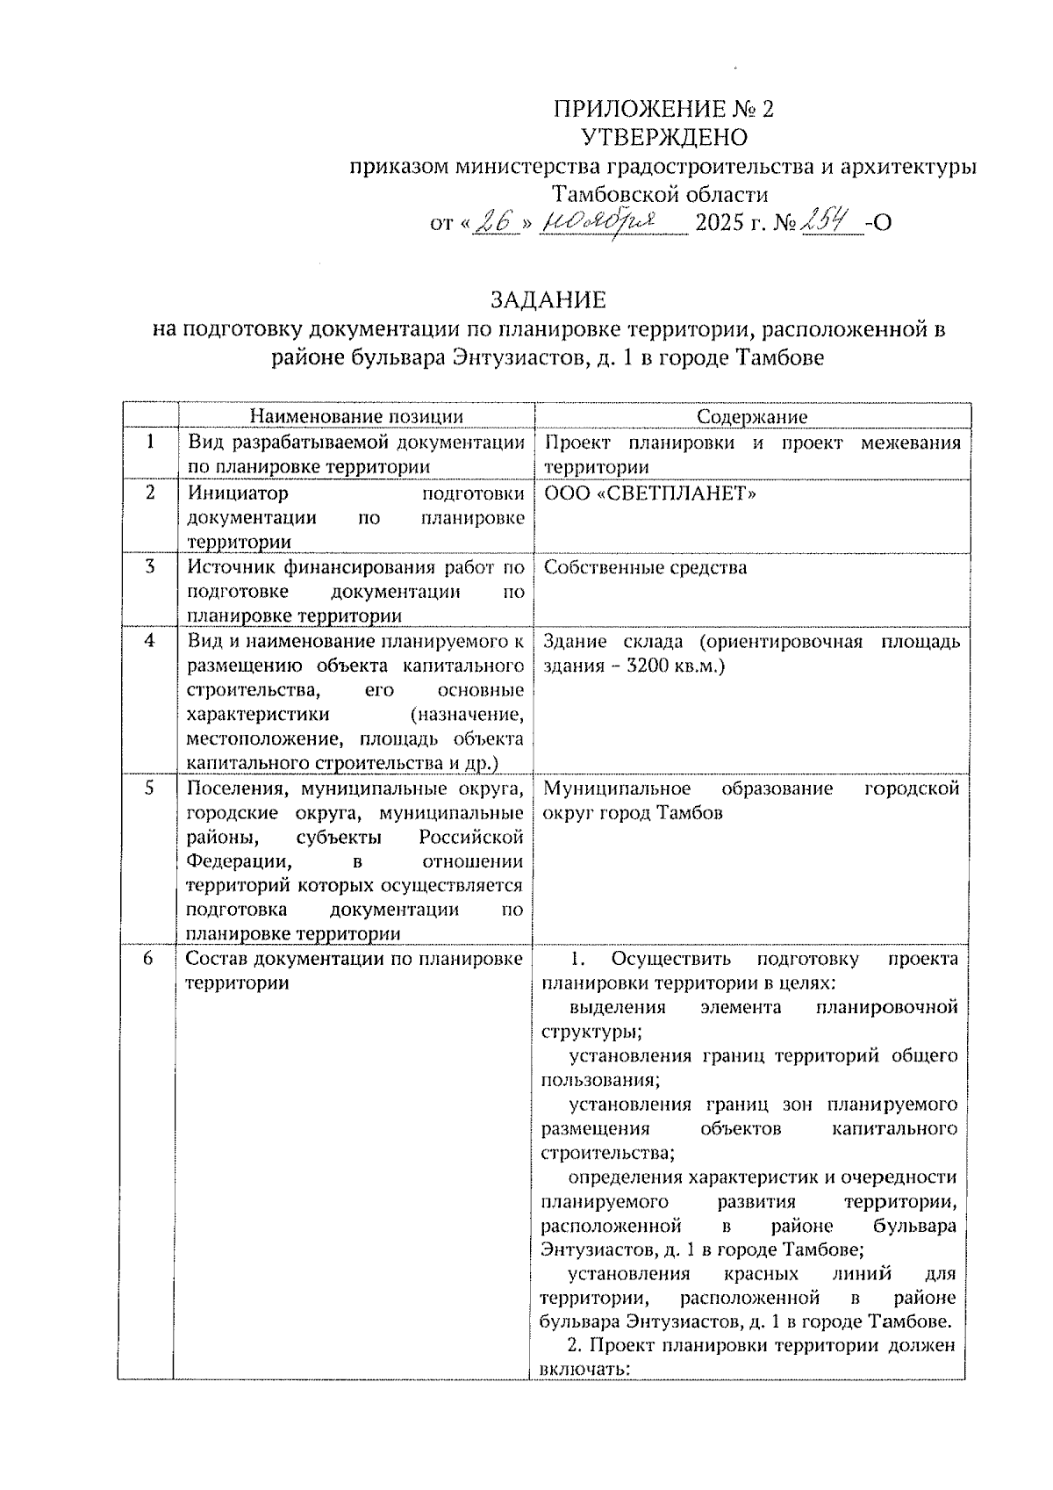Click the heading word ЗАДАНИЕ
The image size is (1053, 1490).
(548, 300)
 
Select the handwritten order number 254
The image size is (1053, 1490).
(829, 221)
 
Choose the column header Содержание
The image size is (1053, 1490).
(752, 416)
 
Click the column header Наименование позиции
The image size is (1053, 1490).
(356, 416)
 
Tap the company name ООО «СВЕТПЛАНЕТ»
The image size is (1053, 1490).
(650, 493)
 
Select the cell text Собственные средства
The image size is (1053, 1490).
(645, 567)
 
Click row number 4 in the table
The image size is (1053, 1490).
(150, 641)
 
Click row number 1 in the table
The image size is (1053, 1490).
(150, 442)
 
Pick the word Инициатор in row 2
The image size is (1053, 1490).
(238, 493)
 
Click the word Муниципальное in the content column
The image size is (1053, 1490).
(617, 788)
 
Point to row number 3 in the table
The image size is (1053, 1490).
(150, 566)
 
